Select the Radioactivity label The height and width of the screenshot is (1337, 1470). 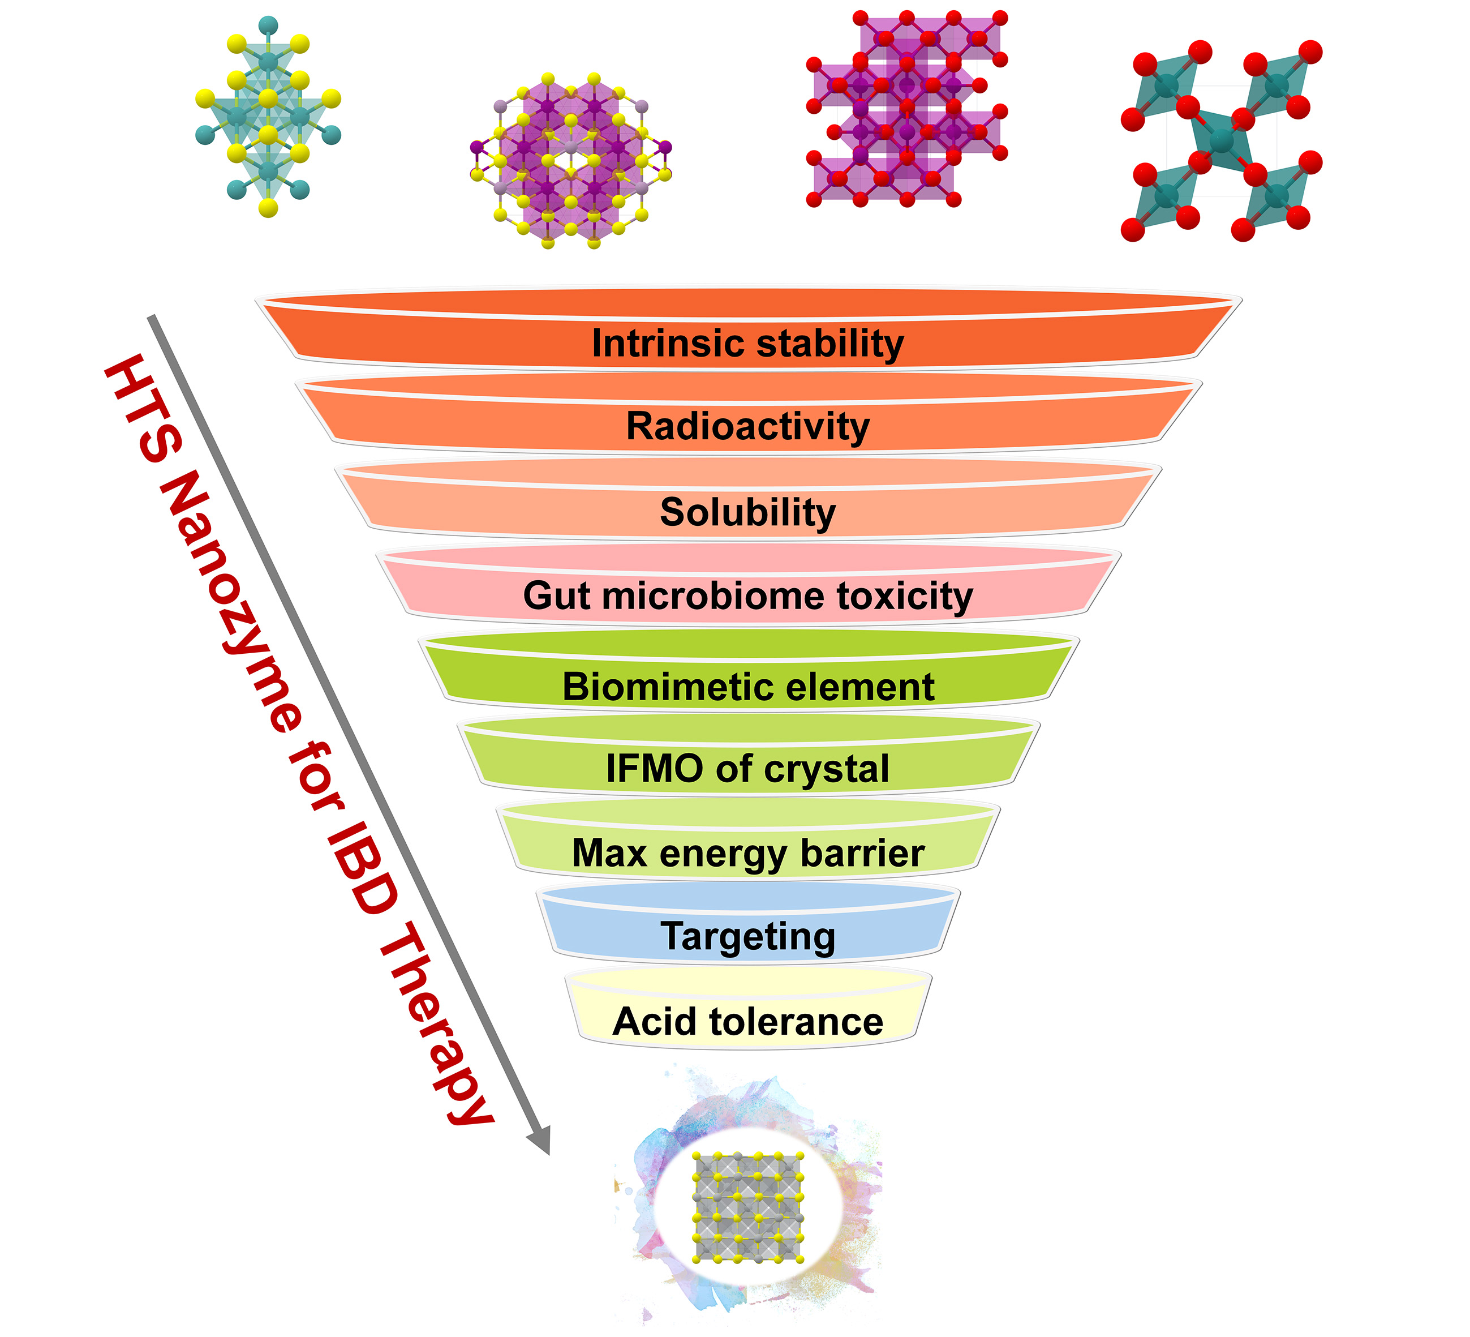point(747,426)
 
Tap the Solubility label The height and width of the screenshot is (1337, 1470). point(747,512)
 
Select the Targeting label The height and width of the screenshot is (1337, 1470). point(747,937)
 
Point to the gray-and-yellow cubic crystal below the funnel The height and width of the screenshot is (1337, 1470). point(747,1208)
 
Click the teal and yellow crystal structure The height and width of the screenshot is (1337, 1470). point(268,117)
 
